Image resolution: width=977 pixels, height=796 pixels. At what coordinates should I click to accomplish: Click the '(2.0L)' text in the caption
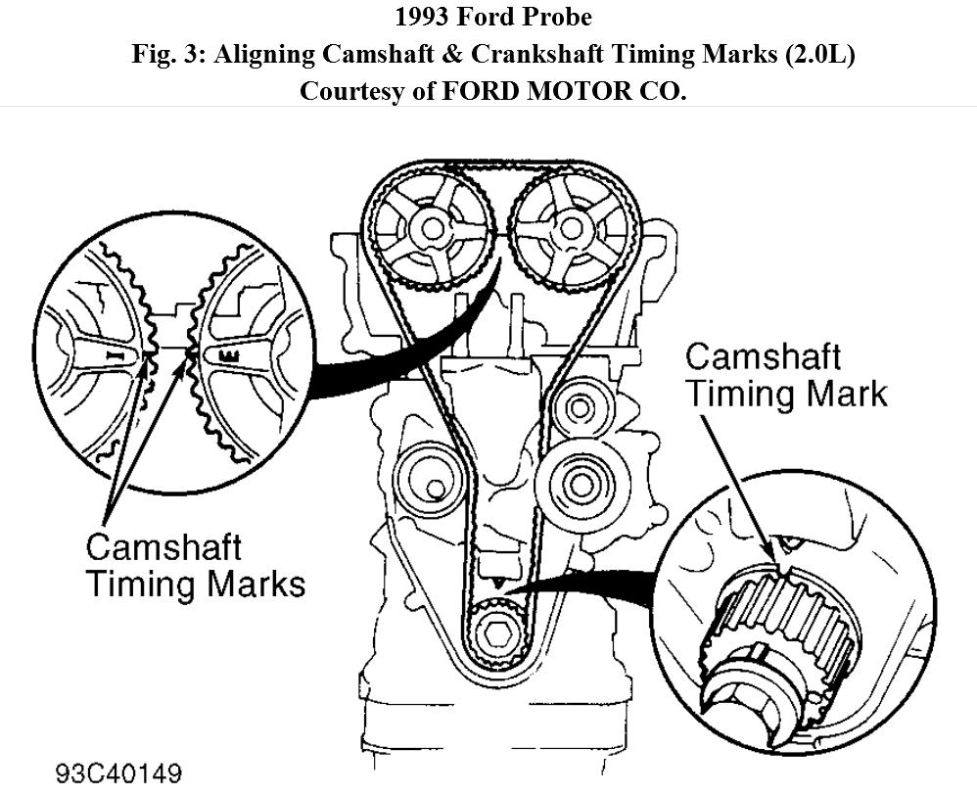(818, 55)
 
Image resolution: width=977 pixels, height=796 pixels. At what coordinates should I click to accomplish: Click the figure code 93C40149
(118, 774)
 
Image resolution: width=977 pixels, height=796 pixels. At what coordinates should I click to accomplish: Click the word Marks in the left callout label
(255, 584)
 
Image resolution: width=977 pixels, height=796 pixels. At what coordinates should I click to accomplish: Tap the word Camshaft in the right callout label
(764, 357)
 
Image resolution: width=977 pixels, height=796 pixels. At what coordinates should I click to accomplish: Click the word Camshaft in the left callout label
(163, 547)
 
